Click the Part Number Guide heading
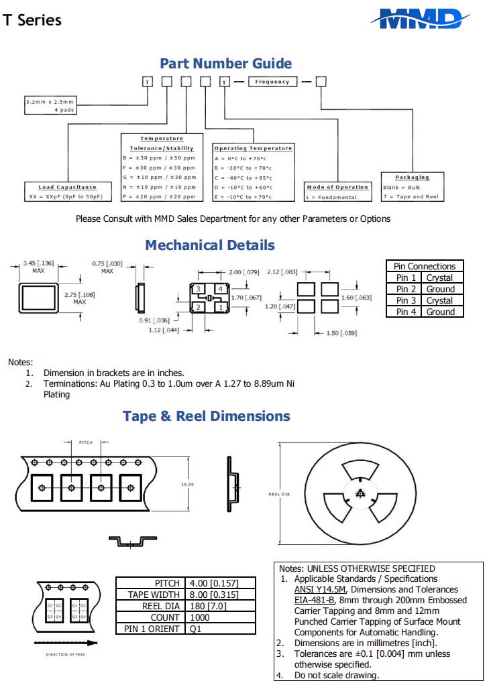225,64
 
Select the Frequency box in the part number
272,82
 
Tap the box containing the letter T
148,82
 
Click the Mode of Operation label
338,187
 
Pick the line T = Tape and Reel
411,196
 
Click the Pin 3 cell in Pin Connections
406,300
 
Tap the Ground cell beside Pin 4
440,312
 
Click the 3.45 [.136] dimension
38,263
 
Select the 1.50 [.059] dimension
342,332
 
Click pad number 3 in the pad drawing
199,288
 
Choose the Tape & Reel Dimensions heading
207,416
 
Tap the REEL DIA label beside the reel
279,493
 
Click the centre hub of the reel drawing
360,494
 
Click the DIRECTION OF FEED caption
65,654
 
